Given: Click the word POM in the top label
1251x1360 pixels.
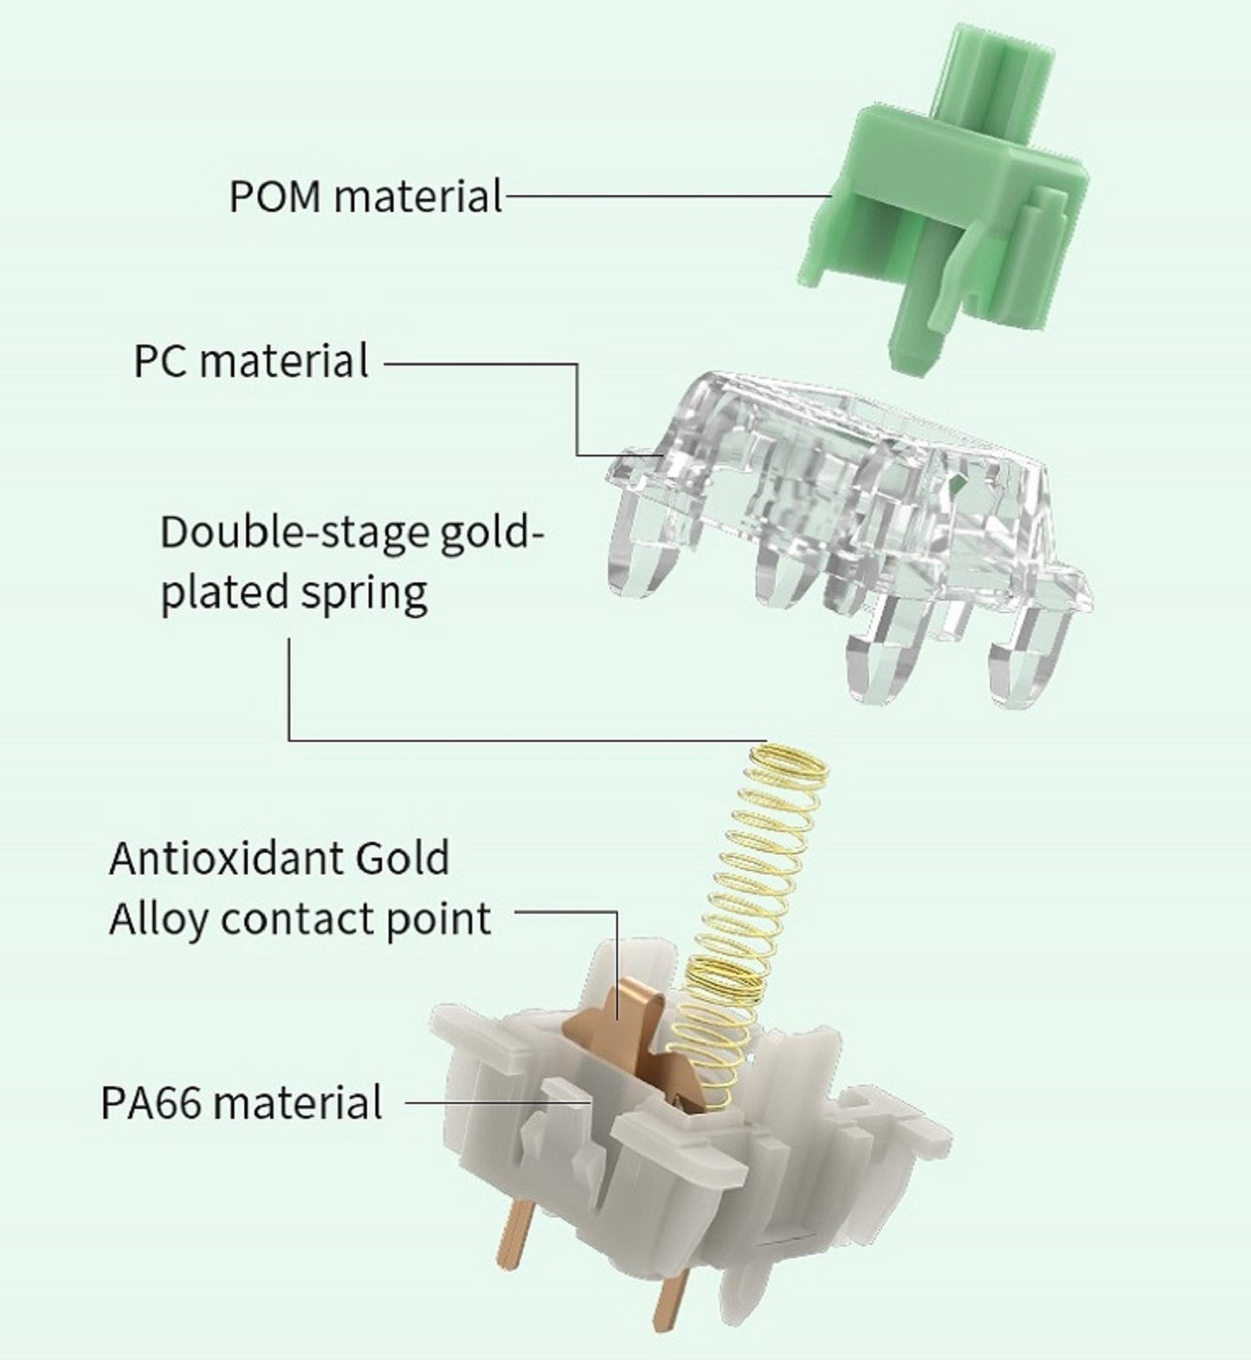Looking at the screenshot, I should pyautogui.click(x=277, y=197).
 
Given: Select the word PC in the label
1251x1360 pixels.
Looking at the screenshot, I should pyautogui.click(x=162, y=361).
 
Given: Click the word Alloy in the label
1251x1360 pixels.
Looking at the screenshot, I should pyautogui.click(x=158, y=920).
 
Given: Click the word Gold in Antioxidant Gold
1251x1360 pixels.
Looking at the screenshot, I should pyautogui.click(x=402, y=858).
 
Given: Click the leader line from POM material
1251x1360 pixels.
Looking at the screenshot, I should pyautogui.click(x=667, y=197).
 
